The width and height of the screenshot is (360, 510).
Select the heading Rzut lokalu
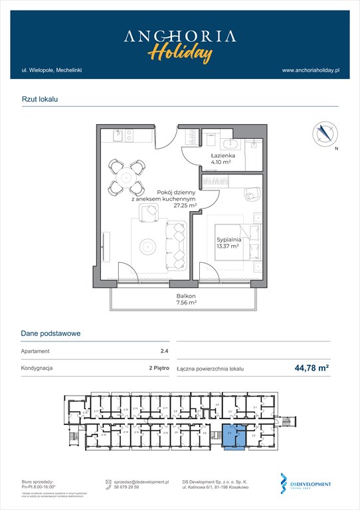pos(40,98)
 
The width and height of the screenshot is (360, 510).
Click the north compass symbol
pos(323,133)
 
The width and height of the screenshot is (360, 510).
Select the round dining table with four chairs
pos(126,177)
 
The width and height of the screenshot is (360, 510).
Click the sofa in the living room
pos(177,244)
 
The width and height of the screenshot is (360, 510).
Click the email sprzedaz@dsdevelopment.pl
pos(142,482)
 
